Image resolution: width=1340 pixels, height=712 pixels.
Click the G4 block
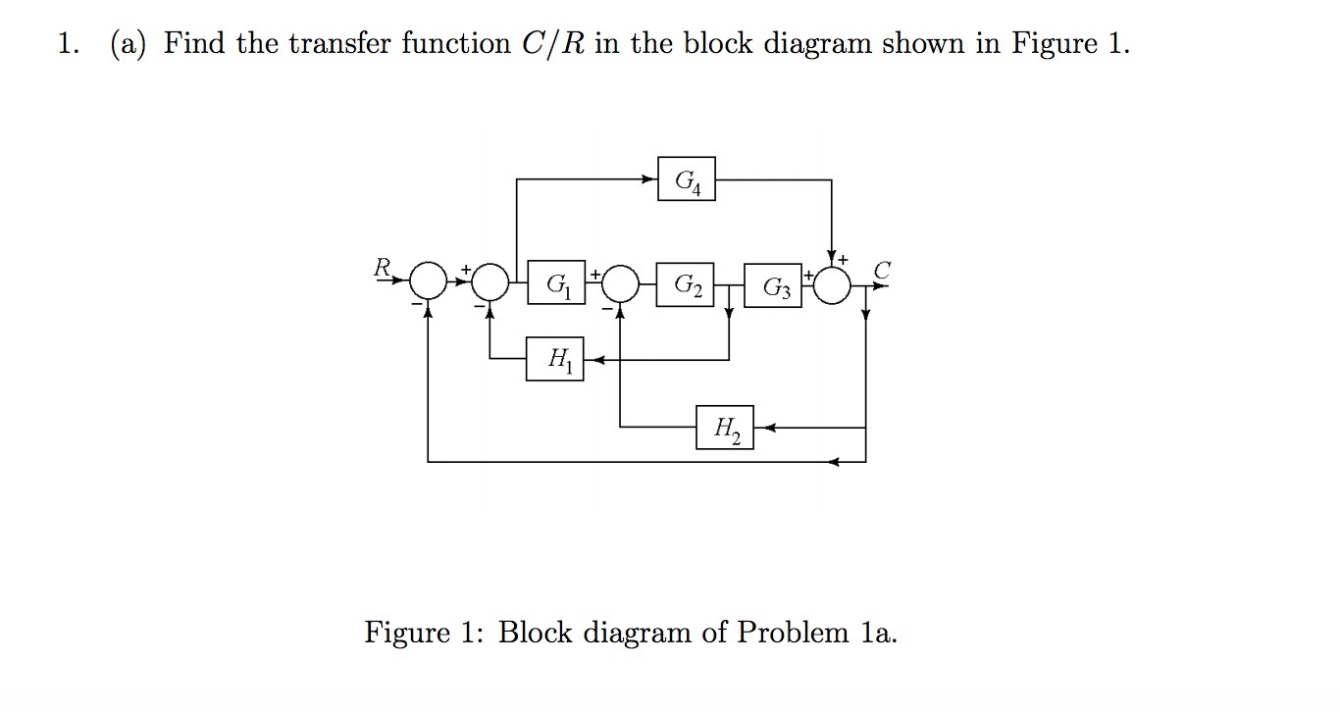pyautogui.click(x=687, y=179)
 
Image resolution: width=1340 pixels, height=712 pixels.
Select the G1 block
pyautogui.click(x=556, y=283)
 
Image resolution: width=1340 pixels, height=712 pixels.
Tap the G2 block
pyautogui.click(x=686, y=283)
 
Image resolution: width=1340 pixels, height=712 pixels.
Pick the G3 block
pyautogui.click(x=773, y=285)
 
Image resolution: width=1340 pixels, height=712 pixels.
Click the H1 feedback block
pyautogui.click(x=555, y=360)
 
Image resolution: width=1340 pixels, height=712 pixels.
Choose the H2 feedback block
pyautogui.click(x=726, y=428)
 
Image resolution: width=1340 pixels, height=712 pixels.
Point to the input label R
pyautogui.click(x=382, y=265)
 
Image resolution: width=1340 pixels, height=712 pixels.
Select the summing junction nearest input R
pyautogui.click(x=428, y=282)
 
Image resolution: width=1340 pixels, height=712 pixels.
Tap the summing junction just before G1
pyautogui.click(x=490, y=282)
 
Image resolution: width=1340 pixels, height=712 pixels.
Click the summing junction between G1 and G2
pyautogui.click(x=620, y=283)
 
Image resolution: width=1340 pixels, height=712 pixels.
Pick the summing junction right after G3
pyautogui.click(x=832, y=283)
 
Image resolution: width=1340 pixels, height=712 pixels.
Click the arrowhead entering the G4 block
pyautogui.click(x=650, y=179)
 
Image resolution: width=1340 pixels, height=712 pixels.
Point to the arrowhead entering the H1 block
pyautogui.click(x=591, y=360)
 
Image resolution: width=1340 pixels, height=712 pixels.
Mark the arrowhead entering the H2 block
pyautogui.click(x=761, y=428)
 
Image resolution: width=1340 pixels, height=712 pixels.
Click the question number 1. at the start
pyautogui.click(x=67, y=44)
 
